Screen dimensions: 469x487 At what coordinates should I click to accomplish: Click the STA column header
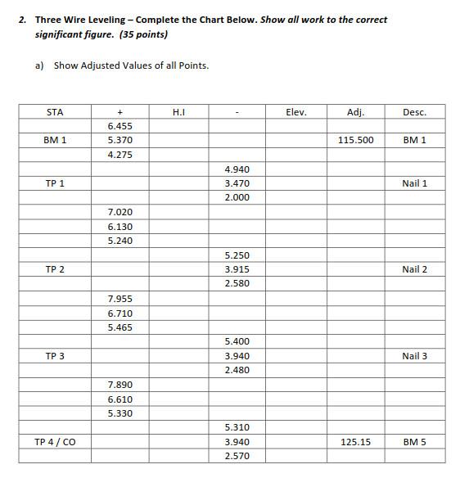(x=55, y=112)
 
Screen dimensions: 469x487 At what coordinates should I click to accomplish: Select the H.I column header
(x=178, y=112)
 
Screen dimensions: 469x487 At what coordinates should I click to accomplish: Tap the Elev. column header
(x=296, y=112)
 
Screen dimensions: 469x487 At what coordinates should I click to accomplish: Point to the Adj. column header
(x=355, y=112)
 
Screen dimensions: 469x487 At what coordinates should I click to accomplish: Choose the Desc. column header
(x=414, y=112)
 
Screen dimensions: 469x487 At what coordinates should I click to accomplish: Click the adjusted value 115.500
(x=355, y=141)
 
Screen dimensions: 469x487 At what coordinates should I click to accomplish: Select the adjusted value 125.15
(x=355, y=442)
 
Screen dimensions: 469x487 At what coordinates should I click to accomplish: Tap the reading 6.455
(x=120, y=127)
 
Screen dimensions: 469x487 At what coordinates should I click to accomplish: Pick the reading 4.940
(x=237, y=169)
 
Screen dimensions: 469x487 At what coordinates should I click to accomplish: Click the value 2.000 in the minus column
(x=237, y=198)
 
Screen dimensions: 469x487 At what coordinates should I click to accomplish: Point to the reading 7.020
(x=120, y=212)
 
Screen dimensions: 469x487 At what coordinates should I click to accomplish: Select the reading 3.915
(x=237, y=269)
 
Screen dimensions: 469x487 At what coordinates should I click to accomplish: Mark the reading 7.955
(x=120, y=299)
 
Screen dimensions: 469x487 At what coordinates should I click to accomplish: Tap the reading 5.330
(x=120, y=413)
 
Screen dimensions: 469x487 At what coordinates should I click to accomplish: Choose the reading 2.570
(x=237, y=456)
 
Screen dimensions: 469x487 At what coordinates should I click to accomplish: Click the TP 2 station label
(x=55, y=269)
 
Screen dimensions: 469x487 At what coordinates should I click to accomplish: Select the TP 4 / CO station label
(x=55, y=442)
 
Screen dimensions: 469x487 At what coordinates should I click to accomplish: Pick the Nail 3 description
(x=414, y=356)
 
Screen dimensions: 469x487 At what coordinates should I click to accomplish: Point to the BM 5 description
(x=414, y=442)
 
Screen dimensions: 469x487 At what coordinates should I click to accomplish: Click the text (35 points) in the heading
(x=143, y=34)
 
